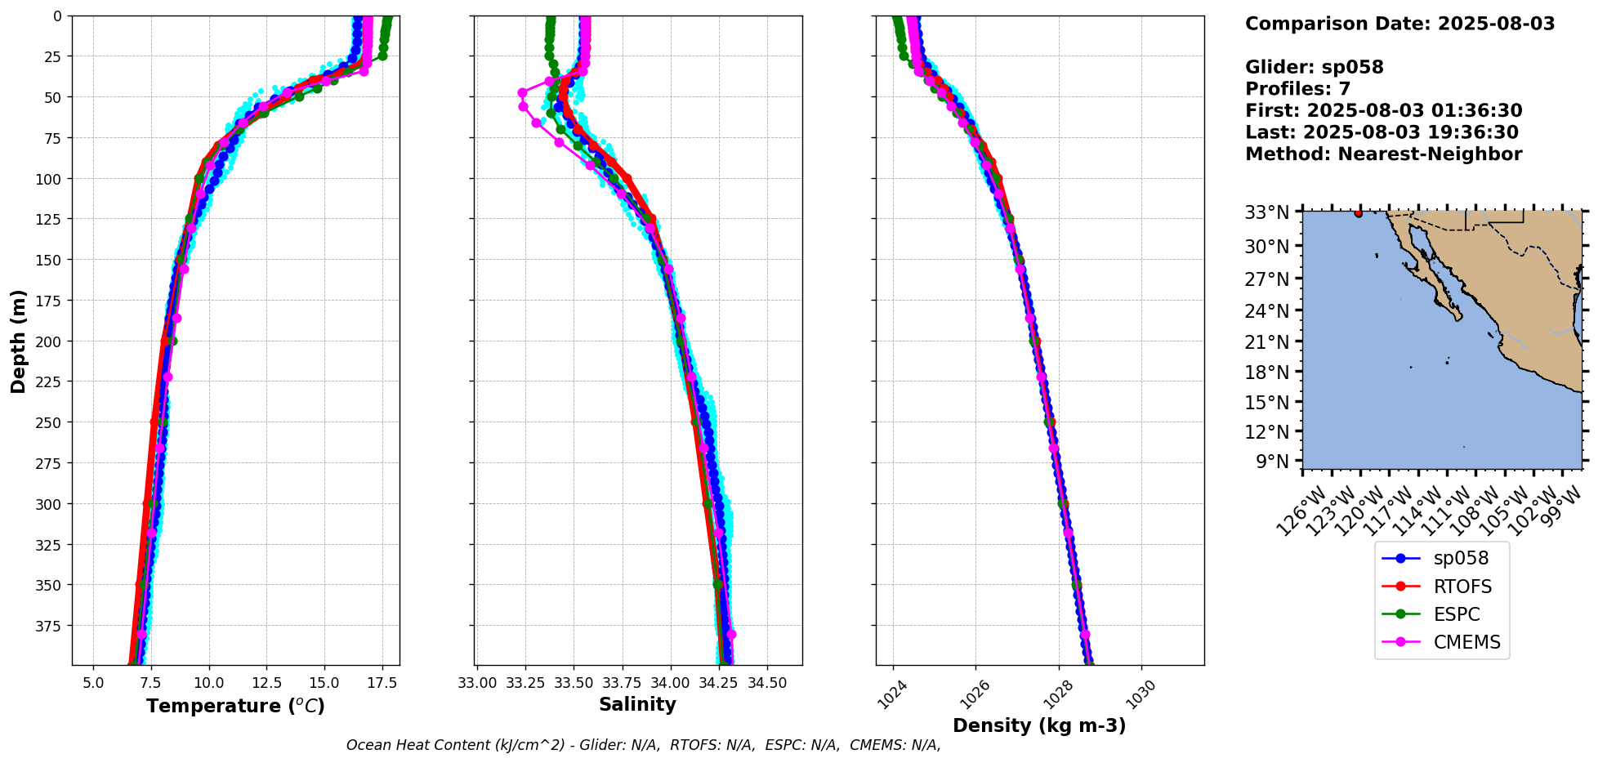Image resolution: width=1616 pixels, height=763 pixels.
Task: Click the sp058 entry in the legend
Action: (x=1460, y=559)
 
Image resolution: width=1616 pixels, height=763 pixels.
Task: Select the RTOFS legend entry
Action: (x=1462, y=587)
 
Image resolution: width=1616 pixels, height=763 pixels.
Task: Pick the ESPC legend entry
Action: (x=1456, y=614)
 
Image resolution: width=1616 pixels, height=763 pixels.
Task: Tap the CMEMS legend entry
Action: (x=1466, y=642)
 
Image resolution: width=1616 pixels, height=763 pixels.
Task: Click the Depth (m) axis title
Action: (x=18, y=341)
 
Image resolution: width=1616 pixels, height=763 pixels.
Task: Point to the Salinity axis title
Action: (x=637, y=705)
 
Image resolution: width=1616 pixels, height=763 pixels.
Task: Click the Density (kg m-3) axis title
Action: (x=1039, y=725)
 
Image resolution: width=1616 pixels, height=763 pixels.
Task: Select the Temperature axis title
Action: (x=235, y=706)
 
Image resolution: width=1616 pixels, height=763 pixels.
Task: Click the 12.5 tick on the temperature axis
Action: (x=267, y=683)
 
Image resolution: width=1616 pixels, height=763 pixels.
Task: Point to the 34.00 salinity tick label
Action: (x=671, y=683)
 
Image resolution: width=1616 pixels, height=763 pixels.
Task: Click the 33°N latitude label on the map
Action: (x=1266, y=213)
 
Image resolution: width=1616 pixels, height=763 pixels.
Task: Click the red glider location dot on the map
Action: (x=1358, y=213)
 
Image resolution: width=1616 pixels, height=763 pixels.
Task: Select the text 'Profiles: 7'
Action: (x=1297, y=89)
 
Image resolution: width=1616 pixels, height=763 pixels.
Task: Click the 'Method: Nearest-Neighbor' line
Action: (x=1383, y=154)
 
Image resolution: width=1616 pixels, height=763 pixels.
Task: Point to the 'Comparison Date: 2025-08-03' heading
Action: (x=1399, y=24)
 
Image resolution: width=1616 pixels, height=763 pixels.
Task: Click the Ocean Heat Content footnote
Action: (x=643, y=745)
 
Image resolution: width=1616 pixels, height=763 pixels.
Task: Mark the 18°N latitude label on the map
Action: (x=1266, y=373)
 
